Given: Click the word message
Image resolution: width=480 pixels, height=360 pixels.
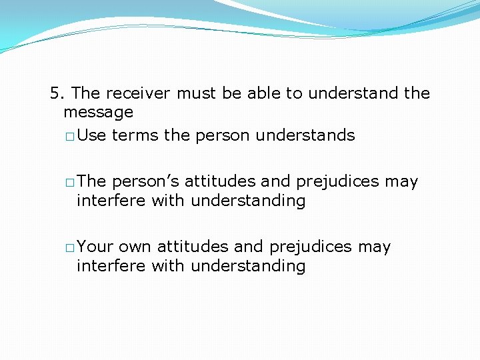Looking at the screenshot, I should pos(98,112).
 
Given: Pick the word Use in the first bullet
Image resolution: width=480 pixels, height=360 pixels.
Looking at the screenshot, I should pos(92,135).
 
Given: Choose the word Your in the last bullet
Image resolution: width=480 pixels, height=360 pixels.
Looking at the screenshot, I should pos(95,247).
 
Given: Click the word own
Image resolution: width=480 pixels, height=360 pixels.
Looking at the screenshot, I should pos(135,247).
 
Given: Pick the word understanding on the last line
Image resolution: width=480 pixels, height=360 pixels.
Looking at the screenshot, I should pos(248,266).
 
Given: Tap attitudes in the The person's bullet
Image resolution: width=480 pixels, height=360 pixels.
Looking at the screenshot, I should pos(216,181).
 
